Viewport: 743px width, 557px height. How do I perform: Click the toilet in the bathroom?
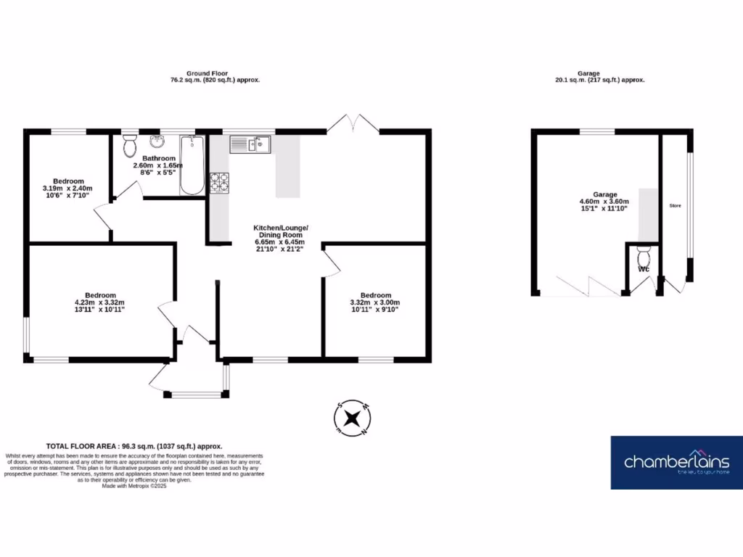pyautogui.click(x=131, y=147)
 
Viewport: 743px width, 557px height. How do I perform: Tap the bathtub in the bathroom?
pyautogui.click(x=192, y=165)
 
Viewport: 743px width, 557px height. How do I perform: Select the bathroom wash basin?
pyautogui.click(x=155, y=141)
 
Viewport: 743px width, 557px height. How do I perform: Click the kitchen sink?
pyautogui.click(x=250, y=145)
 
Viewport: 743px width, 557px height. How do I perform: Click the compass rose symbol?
pyautogui.click(x=353, y=418)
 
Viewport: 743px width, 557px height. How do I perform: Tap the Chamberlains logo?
pyautogui.click(x=676, y=462)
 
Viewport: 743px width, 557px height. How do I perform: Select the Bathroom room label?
pyautogui.click(x=158, y=158)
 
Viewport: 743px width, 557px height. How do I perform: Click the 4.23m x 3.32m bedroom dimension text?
pyautogui.click(x=100, y=302)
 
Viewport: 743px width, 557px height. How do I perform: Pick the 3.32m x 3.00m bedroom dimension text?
pyautogui.click(x=375, y=302)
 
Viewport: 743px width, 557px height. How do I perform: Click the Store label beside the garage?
pyautogui.click(x=675, y=206)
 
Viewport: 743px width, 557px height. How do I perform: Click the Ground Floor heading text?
pyautogui.click(x=208, y=73)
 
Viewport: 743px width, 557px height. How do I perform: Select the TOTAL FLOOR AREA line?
pyautogui.click(x=134, y=446)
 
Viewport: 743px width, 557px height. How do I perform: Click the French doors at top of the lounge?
pyautogui.click(x=353, y=123)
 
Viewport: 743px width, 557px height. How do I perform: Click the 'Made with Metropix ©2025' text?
pyautogui.click(x=134, y=486)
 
